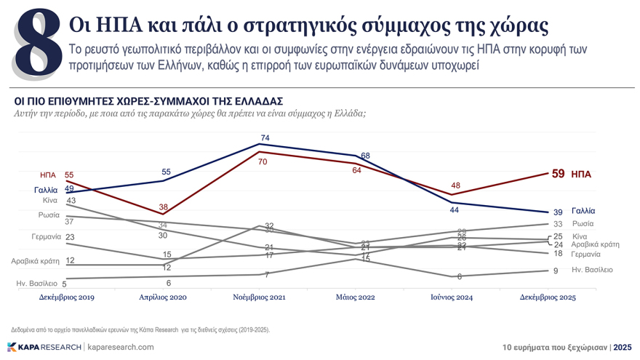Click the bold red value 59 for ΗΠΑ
coord(558,174)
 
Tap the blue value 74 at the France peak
coord(265,138)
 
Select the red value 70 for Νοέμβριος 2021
coord(263,161)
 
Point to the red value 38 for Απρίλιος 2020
coord(164,207)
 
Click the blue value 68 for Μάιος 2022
coord(366,156)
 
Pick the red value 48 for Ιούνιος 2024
coord(455,186)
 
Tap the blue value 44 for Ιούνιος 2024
coord(454,210)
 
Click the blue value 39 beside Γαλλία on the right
coord(558,211)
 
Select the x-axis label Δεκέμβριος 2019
coord(66,297)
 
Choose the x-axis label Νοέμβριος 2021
coord(260,297)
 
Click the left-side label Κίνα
coord(50,200)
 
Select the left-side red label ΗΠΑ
coord(48,175)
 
